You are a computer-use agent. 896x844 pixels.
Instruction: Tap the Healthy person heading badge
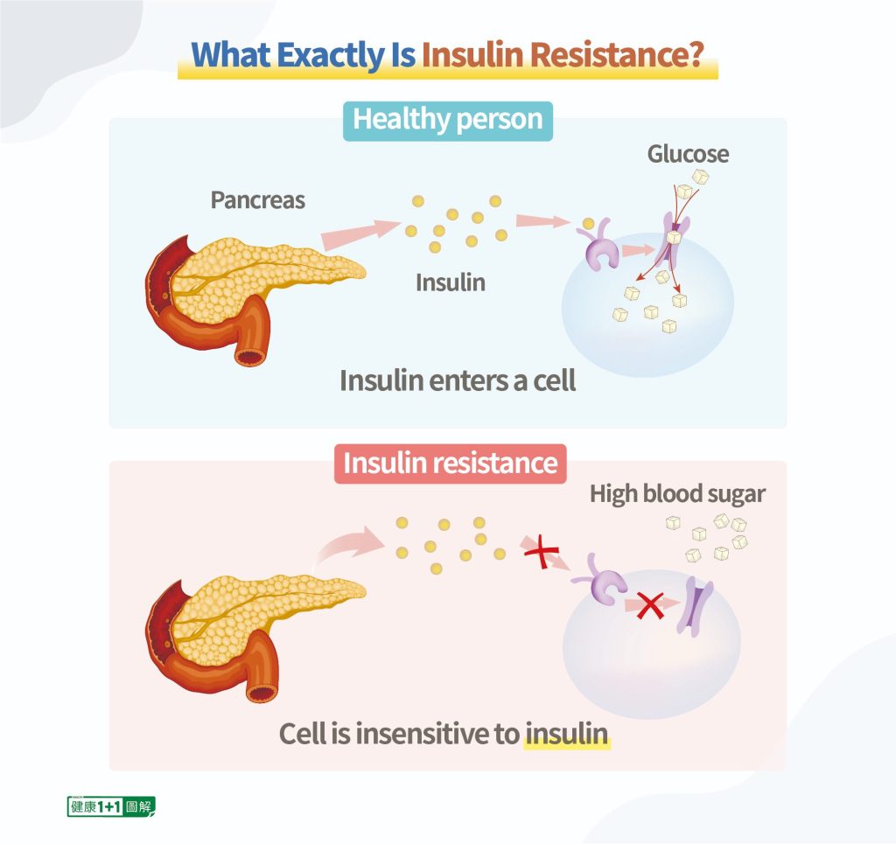tap(448, 119)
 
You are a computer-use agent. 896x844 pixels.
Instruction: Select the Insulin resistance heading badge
tap(450, 463)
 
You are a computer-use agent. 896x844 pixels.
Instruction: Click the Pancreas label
tap(257, 200)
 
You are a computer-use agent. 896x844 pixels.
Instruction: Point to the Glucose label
tap(688, 155)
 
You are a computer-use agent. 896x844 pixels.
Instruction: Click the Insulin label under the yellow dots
tap(450, 282)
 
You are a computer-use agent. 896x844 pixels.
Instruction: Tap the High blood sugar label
tap(677, 493)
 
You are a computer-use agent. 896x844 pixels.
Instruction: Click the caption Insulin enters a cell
tap(458, 381)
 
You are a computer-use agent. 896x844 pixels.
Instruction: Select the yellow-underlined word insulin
tap(566, 733)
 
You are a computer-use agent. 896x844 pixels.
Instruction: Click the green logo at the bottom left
tap(111, 806)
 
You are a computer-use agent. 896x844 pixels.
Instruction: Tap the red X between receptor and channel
tap(649, 604)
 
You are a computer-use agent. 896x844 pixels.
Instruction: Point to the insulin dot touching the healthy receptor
tap(588, 224)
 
